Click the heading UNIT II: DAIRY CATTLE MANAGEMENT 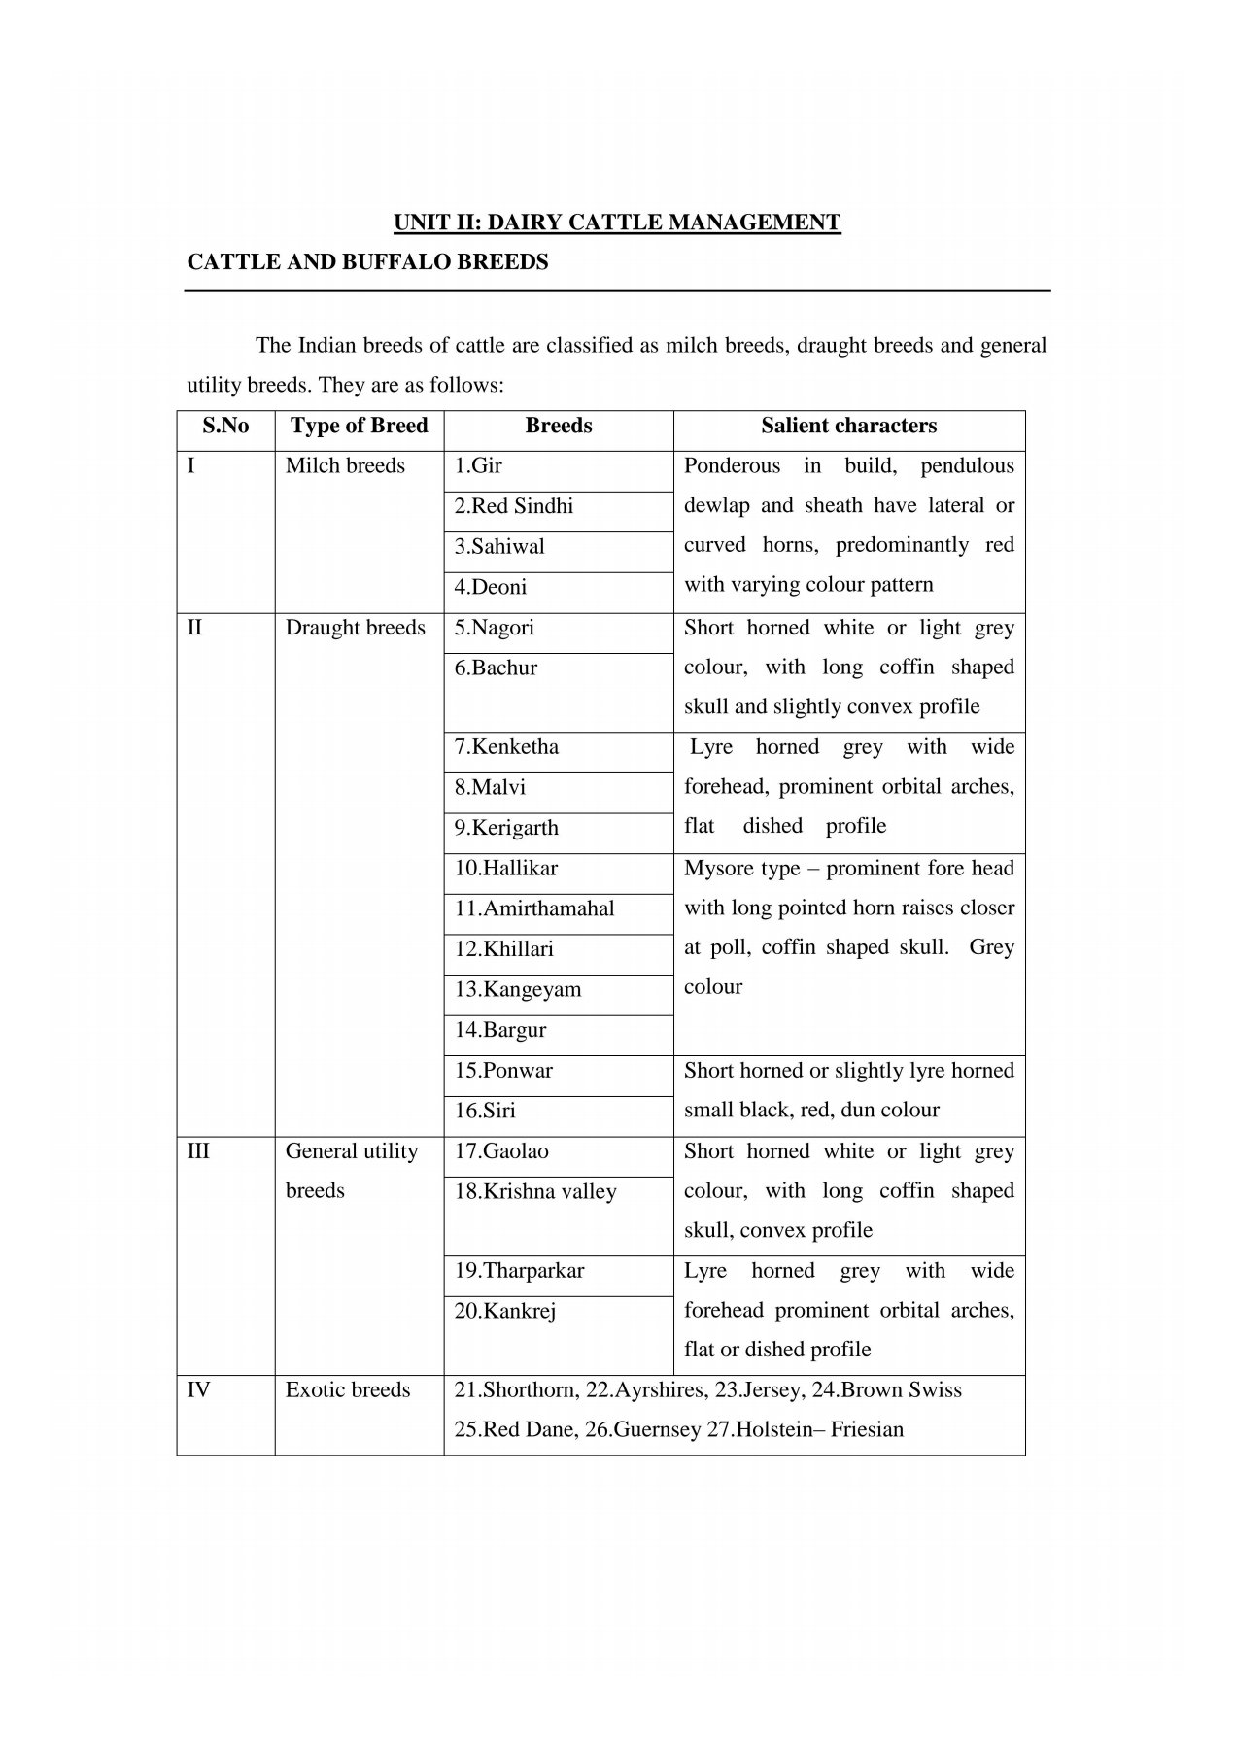click(616, 223)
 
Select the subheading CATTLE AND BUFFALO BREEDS click(367, 262)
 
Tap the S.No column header click(225, 426)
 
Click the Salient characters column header click(848, 426)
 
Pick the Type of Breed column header click(359, 426)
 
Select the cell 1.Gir click(478, 466)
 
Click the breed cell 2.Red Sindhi click(514, 506)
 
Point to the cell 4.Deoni click(491, 587)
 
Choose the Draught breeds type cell click(355, 628)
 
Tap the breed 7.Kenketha click(506, 747)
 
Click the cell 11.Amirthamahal click(534, 908)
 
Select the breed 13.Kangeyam click(518, 989)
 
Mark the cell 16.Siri click(485, 1111)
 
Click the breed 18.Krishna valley click(535, 1192)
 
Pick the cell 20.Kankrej click(505, 1312)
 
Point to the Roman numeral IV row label click(198, 1390)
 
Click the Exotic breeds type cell click(348, 1390)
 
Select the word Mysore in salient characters click(717, 869)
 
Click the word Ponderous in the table click(732, 466)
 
